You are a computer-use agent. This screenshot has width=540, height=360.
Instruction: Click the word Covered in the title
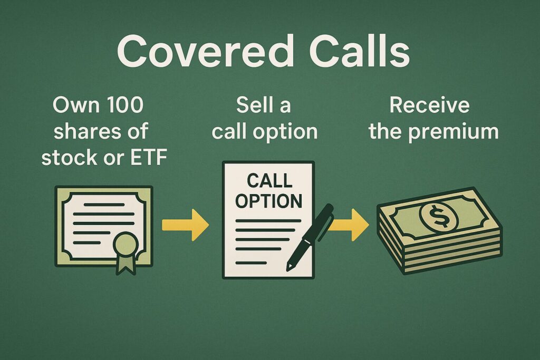pyautogui.click(x=205, y=51)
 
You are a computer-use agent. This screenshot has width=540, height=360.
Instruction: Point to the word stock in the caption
pyautogui.click(x=65, y=157)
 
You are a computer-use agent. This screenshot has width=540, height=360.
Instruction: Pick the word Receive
pyautogui.click(x=429, y=105)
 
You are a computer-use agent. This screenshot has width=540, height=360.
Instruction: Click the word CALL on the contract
pyautogui.click(x=269, y=180)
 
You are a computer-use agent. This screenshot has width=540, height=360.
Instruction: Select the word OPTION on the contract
pyautogui.click(x=268, y=201)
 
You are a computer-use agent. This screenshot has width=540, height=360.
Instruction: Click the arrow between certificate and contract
pyautogui.click(x=185, y=225)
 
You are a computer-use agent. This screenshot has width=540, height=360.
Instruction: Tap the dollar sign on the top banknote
pyautogui.click(x=439, y=216)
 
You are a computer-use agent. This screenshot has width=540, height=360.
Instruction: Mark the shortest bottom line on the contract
pyautogui.click(x=251, y=263)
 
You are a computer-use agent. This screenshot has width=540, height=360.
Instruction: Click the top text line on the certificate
pyautogui.click(x=104, y=205)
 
